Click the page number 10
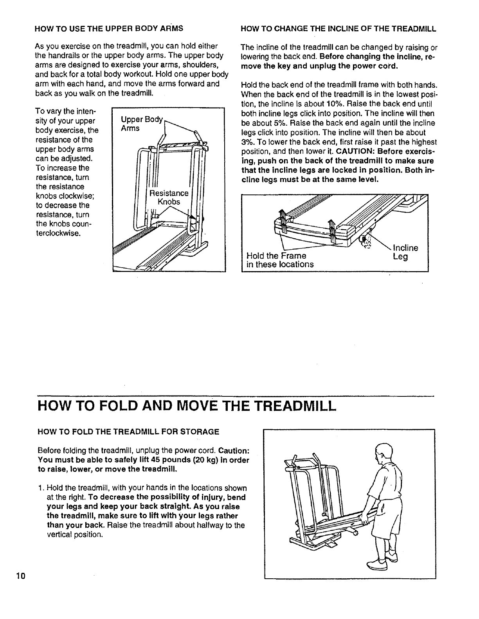click(x=21, y=576)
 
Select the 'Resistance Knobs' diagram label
click(x=169, y=198)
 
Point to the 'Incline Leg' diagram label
click(x=405, y=252)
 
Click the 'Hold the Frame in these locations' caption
click(x=280, y=260)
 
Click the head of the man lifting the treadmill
click(x=382, y=455)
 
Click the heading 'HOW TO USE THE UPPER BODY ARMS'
click(x=109, y=29)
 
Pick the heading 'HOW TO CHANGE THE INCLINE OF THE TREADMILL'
click(x=339, y=29)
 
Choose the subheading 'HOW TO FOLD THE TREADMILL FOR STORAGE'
click(x=128, y=432)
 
